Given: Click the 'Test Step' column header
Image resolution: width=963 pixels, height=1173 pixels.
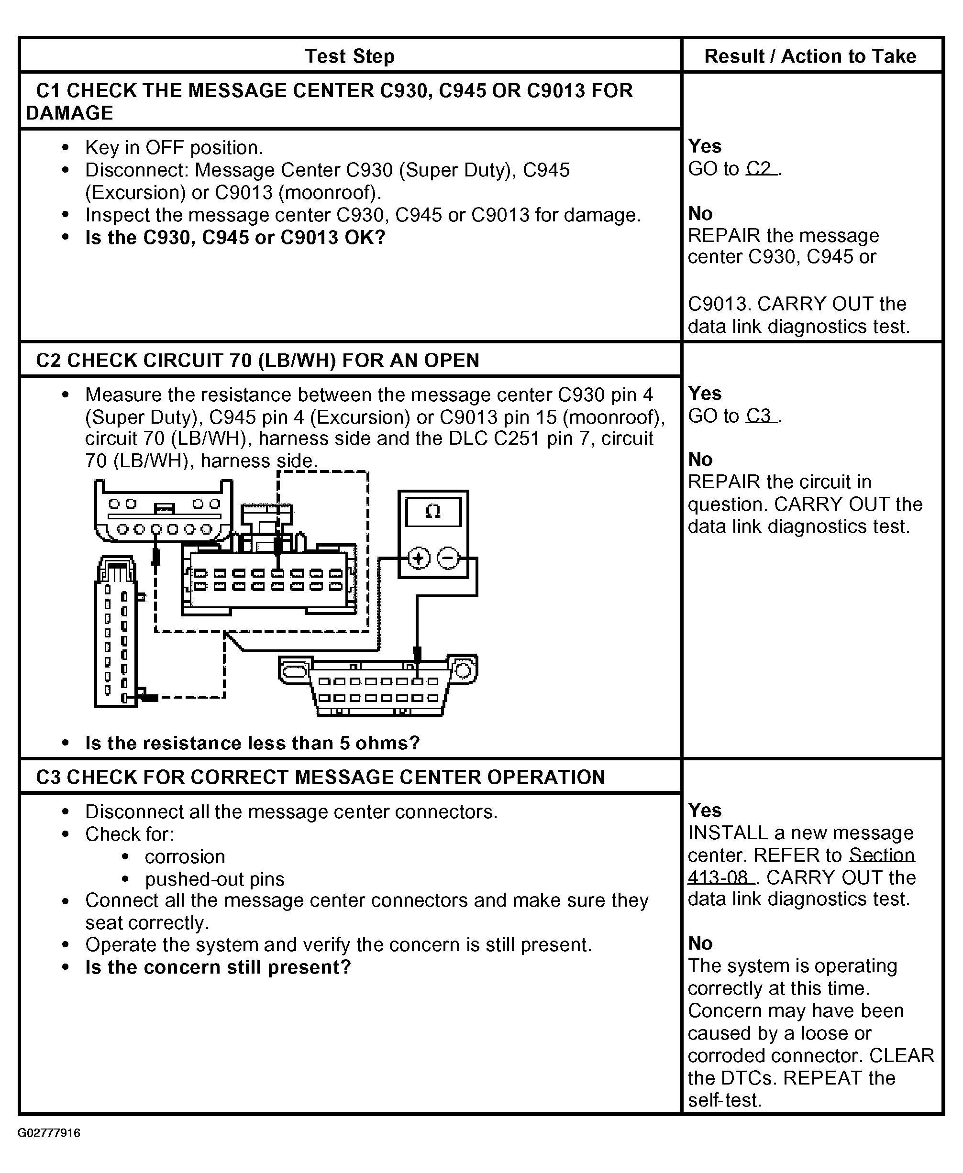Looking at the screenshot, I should (350, 56).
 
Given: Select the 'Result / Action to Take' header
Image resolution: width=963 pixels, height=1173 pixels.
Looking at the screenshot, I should (810, 56).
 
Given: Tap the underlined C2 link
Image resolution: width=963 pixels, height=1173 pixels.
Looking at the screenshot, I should (761, 168).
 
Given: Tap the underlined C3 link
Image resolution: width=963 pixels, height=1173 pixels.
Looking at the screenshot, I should (761, 416).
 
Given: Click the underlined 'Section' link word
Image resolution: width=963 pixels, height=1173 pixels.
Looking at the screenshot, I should (882, 855).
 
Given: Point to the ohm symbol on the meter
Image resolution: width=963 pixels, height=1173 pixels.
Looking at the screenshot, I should (432, 511).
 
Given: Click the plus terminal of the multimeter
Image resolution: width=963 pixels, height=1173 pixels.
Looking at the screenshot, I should (419, 558).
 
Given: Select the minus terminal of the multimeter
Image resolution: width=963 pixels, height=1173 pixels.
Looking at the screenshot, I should (448, 558).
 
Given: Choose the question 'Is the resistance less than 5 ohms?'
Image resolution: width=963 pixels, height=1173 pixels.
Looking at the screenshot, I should (253, 743).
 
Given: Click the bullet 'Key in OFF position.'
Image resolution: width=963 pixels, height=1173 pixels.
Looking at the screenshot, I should (174, 147).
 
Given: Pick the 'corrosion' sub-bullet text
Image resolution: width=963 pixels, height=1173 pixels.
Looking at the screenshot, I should (185, 856).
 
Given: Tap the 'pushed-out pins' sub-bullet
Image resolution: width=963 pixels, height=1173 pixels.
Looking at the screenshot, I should (215, 879).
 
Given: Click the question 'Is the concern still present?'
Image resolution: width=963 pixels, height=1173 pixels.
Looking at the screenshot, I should (218, 967).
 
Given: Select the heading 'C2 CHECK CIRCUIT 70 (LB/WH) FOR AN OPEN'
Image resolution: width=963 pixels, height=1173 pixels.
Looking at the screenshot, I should (257, 361).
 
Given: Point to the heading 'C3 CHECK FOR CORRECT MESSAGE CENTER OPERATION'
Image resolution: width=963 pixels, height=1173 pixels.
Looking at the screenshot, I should (320, 777).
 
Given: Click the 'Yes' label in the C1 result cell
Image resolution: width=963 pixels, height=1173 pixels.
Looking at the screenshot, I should (705, 146).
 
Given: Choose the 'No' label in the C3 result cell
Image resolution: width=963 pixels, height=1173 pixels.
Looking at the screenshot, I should (700, 943).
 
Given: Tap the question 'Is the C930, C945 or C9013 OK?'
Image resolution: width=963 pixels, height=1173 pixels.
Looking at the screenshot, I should (235, 237).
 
